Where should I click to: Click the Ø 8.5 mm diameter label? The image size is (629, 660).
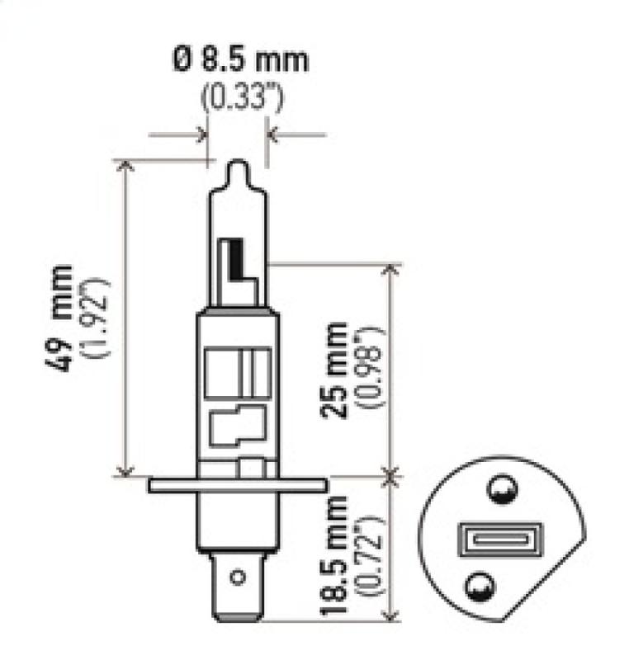click(239, 60)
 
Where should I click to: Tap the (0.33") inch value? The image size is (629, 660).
click(242, 99)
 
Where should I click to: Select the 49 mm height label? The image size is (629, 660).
click(61, 318)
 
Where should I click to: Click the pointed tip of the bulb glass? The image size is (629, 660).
click(237, 165)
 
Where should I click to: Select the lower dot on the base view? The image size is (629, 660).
click(478, 587)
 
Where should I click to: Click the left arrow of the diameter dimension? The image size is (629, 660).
click(199, 134)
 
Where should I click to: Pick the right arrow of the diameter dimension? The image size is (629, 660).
click(275, 134)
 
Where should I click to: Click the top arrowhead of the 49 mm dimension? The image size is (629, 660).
click(125, 166)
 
